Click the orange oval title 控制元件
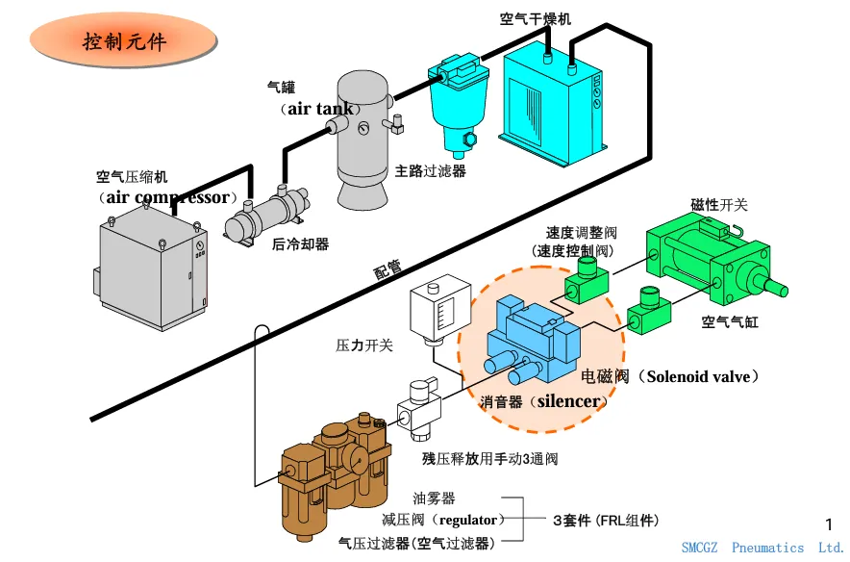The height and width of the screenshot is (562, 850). tap(124, 40)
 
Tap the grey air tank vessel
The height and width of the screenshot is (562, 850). tap(362, 140)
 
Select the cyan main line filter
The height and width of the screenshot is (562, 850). tap(458, 103)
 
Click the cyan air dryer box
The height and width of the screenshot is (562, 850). tap(554, 103)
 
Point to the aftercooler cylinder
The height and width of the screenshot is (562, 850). tap(268, 216)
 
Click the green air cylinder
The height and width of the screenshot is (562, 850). tap(715, 261)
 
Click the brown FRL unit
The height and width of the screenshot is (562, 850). tap(334, 477)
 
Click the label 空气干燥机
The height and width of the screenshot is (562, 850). tap(535, 19)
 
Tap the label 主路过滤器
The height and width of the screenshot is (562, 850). tap(431, 171)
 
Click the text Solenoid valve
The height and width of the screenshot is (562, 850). tap(699, 376)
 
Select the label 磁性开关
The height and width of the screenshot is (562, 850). tap(719, 205)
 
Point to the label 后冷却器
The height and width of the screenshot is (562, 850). tap(300, 244)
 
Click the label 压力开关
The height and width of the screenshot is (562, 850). tap(363, 345)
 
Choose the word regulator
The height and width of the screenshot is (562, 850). tap(468, 521)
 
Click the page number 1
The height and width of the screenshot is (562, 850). tap(829, 524)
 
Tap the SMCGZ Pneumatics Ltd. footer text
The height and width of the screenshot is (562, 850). tap(762, 548)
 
